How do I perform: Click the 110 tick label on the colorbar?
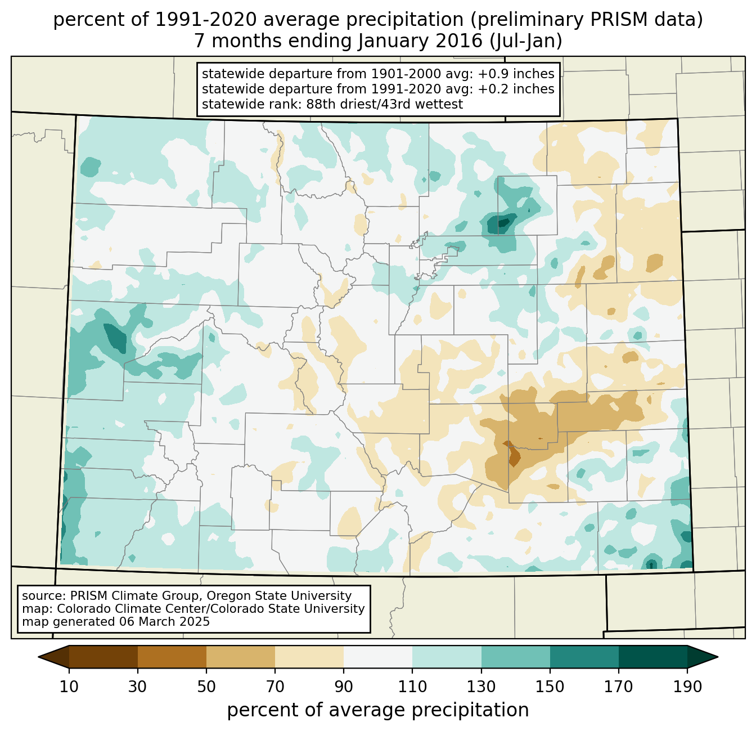[x=412, y=687]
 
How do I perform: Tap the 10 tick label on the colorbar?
[x=69, y=687]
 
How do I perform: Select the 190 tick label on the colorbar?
[x=687, y=687]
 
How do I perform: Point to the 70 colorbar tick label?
[x=275, y=687]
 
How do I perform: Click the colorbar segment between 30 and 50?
[x=172, y=657]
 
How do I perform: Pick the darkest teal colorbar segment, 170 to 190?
[x=653, y=657]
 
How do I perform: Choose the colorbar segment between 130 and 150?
[x=516, y=657]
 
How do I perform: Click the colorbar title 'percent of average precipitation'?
[x=378, y=710]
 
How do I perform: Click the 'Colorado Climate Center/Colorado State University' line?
[x=211, y=609]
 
